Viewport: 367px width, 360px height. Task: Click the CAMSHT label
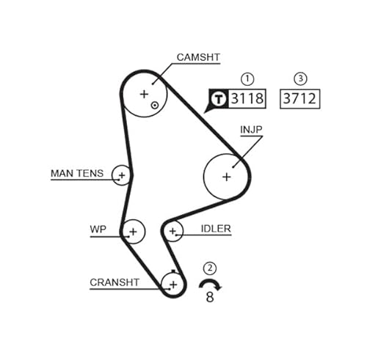(198, 57)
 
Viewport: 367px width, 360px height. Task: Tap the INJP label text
(251, 130)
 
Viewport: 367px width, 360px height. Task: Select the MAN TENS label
(77, 173)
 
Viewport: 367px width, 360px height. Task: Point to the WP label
(98, 229)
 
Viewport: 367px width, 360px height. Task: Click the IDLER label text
(216, 229)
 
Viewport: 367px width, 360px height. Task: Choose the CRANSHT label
(115, 282)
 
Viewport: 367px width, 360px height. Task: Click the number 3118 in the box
(247, 98)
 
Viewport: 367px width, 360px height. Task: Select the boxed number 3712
(299, 99)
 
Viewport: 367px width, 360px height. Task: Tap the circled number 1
(247, 79)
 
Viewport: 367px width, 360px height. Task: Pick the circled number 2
(210, 268)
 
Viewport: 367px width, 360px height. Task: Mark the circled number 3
(300, 78)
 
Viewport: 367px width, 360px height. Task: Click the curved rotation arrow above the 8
(210, 282)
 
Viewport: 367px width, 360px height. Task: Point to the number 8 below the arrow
(210, 297)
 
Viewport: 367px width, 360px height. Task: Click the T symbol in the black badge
(219, 99)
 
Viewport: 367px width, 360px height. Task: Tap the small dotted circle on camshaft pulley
(155, 106)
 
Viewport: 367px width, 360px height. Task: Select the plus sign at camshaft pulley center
(144, 94)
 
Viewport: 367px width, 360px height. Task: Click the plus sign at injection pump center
(227, 177)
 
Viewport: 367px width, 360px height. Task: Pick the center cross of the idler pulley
(173, 231)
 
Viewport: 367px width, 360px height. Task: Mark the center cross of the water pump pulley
(133, 232)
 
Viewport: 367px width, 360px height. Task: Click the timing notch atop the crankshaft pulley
(173, 271)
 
